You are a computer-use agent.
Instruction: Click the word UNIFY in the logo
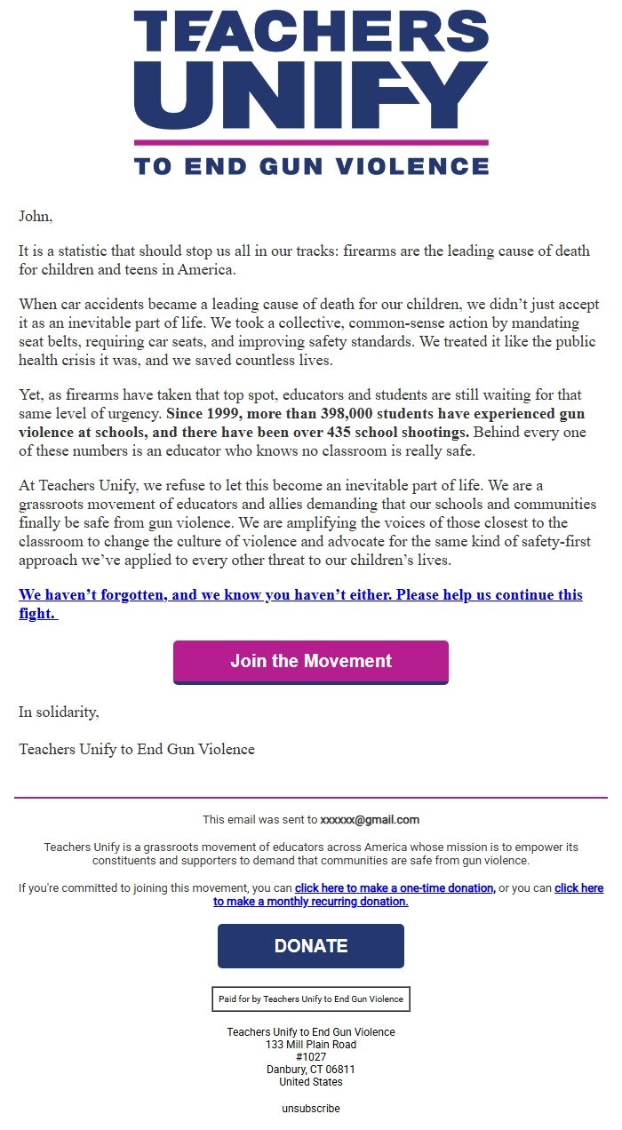(x=311, y=93)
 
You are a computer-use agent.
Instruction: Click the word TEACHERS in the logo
(x=311, y=31)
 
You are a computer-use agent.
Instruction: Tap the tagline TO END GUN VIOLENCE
(x=311, y=165)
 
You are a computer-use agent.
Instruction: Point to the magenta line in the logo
(x=311, y=142)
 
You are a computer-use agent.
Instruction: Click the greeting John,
(x=36, y=216)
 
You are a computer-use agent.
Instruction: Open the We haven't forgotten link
(x=300, y=594)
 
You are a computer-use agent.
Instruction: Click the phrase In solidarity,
(x=60, y=712)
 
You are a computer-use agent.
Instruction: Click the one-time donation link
(x=395, y=888)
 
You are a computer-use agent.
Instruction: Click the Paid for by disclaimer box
(x=311, y=999)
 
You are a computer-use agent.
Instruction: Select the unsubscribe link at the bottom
(x=311, y=1109)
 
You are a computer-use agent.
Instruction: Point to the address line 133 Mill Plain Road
(x=311, y=1045)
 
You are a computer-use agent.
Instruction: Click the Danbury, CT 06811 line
(x=311, y=1070)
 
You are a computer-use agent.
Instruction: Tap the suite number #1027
(x=311, y=1057)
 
